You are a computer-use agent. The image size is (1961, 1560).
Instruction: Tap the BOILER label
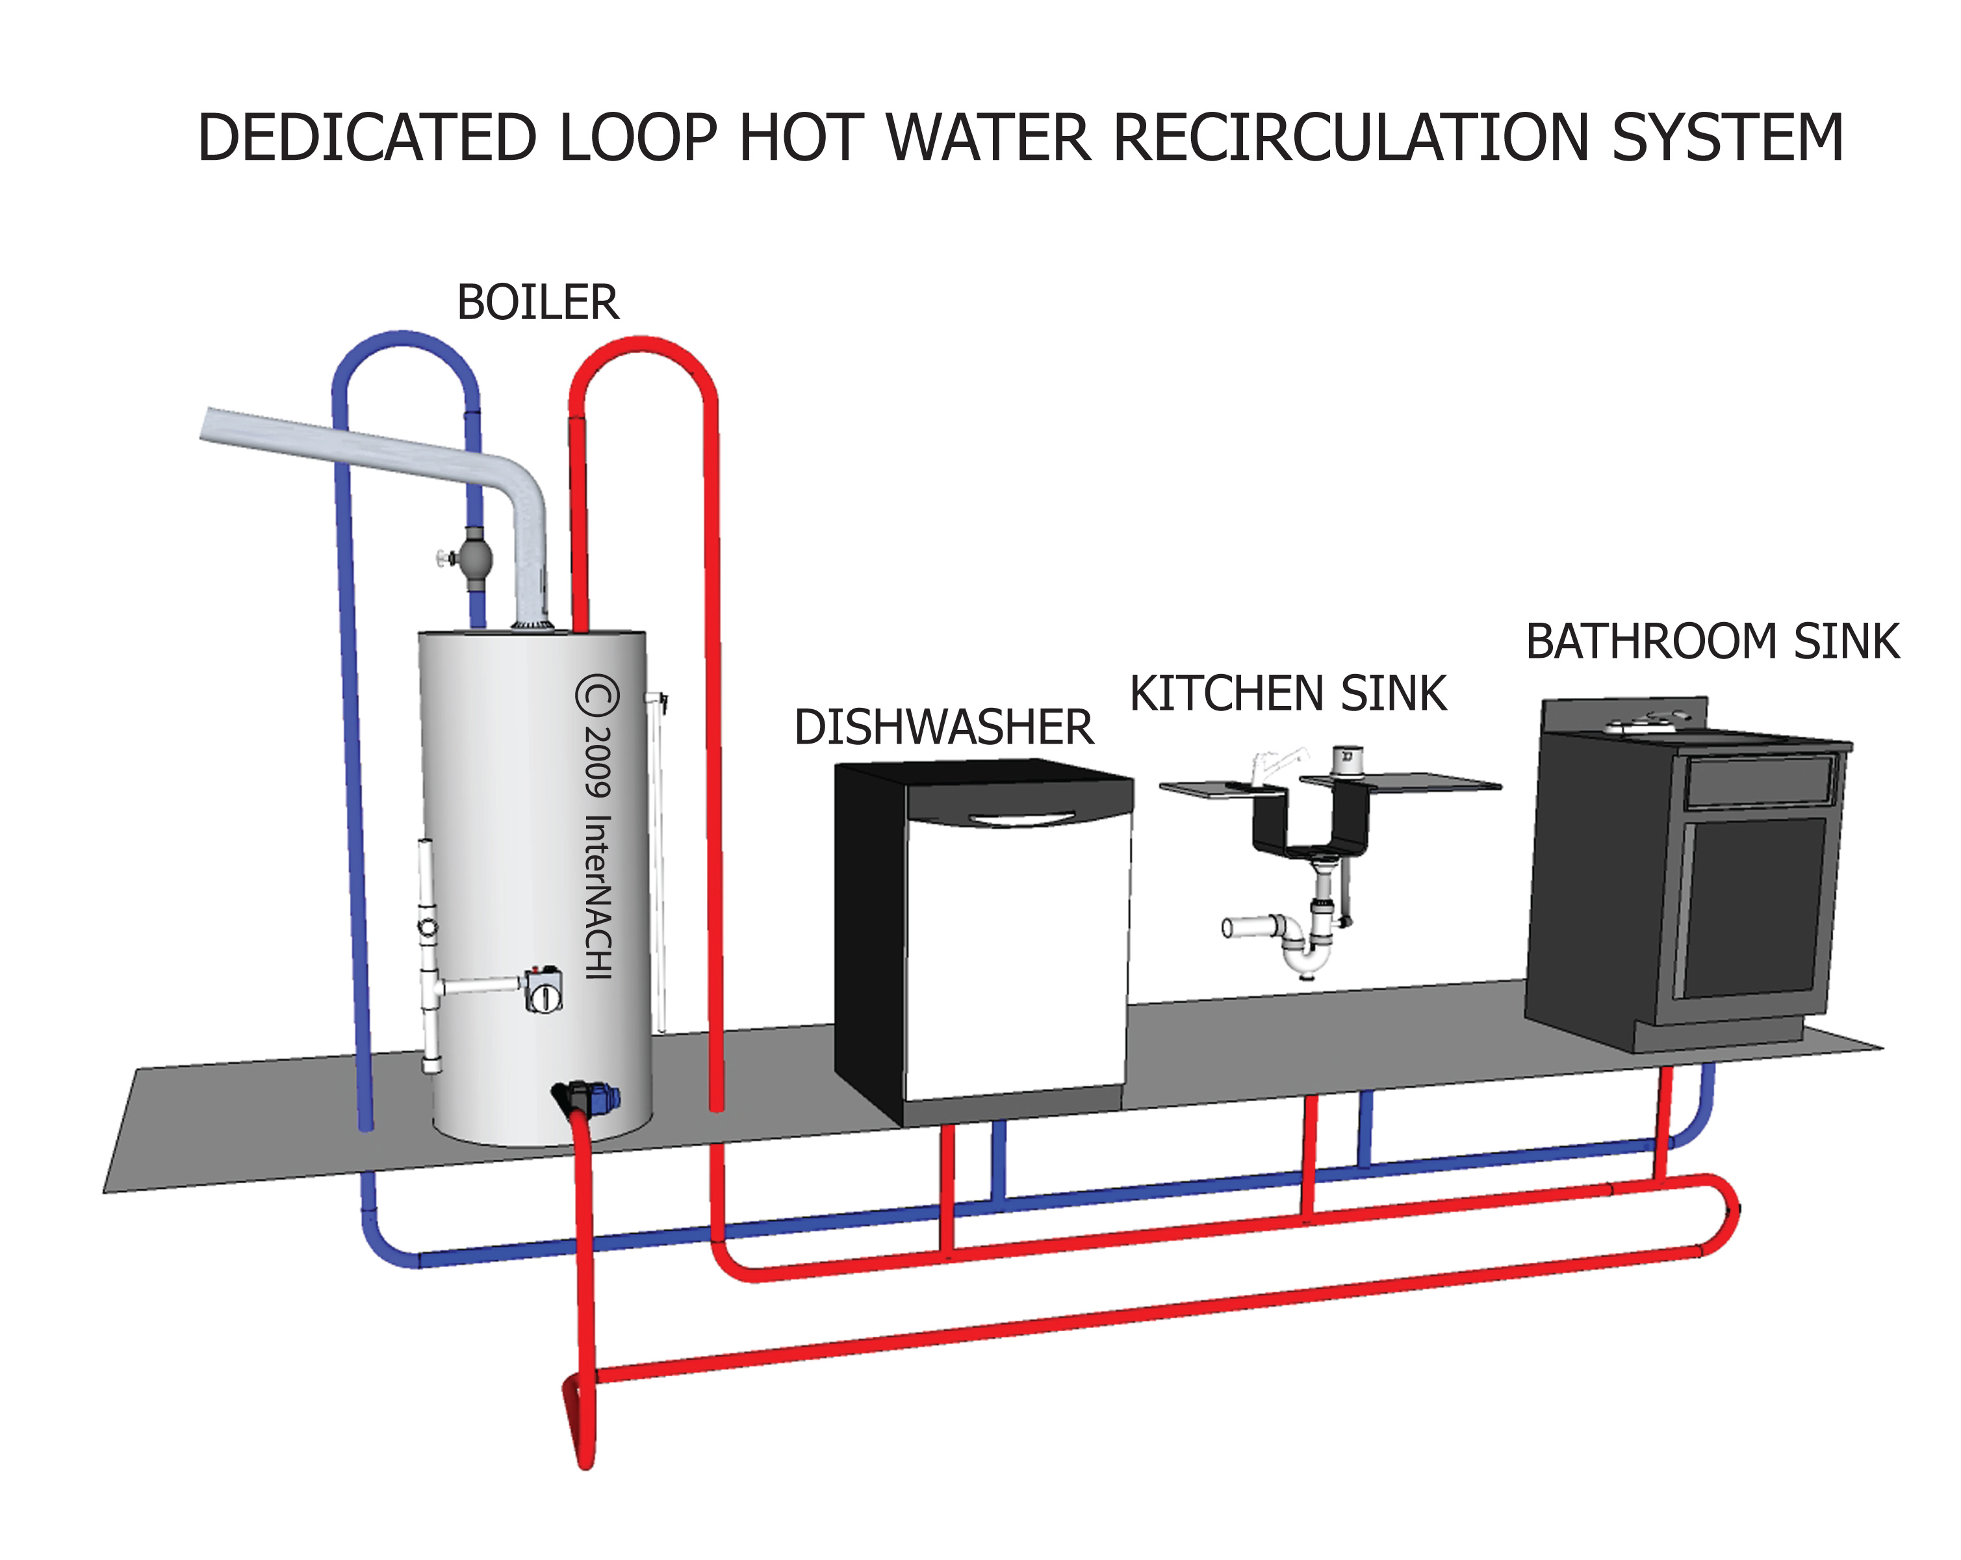coord(537,303)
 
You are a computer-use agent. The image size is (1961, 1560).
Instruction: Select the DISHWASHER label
coord(943,728)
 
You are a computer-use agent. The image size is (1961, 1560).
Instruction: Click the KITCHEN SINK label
coord(1288,694)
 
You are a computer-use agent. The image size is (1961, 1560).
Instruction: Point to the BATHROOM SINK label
coord(1711,642)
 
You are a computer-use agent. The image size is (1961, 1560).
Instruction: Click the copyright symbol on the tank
coord(598,697)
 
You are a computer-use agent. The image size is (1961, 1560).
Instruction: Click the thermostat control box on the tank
coord(543,991)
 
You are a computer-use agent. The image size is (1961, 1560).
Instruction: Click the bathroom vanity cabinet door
coord(1751,907)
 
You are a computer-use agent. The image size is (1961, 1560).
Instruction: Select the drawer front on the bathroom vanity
coord(1758,781)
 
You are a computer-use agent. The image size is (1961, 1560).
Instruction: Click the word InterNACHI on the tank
coord(598,896)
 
